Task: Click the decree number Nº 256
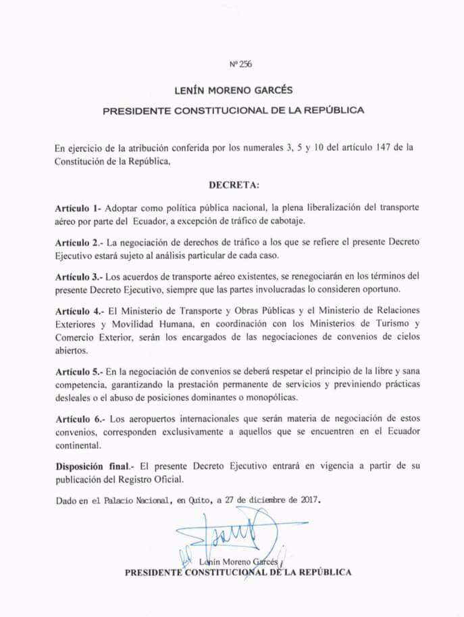(241, 65)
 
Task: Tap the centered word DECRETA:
(233, 184)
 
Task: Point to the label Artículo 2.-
(78, 242)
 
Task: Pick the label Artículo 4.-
(79, 312)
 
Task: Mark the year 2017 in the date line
(307, 501)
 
